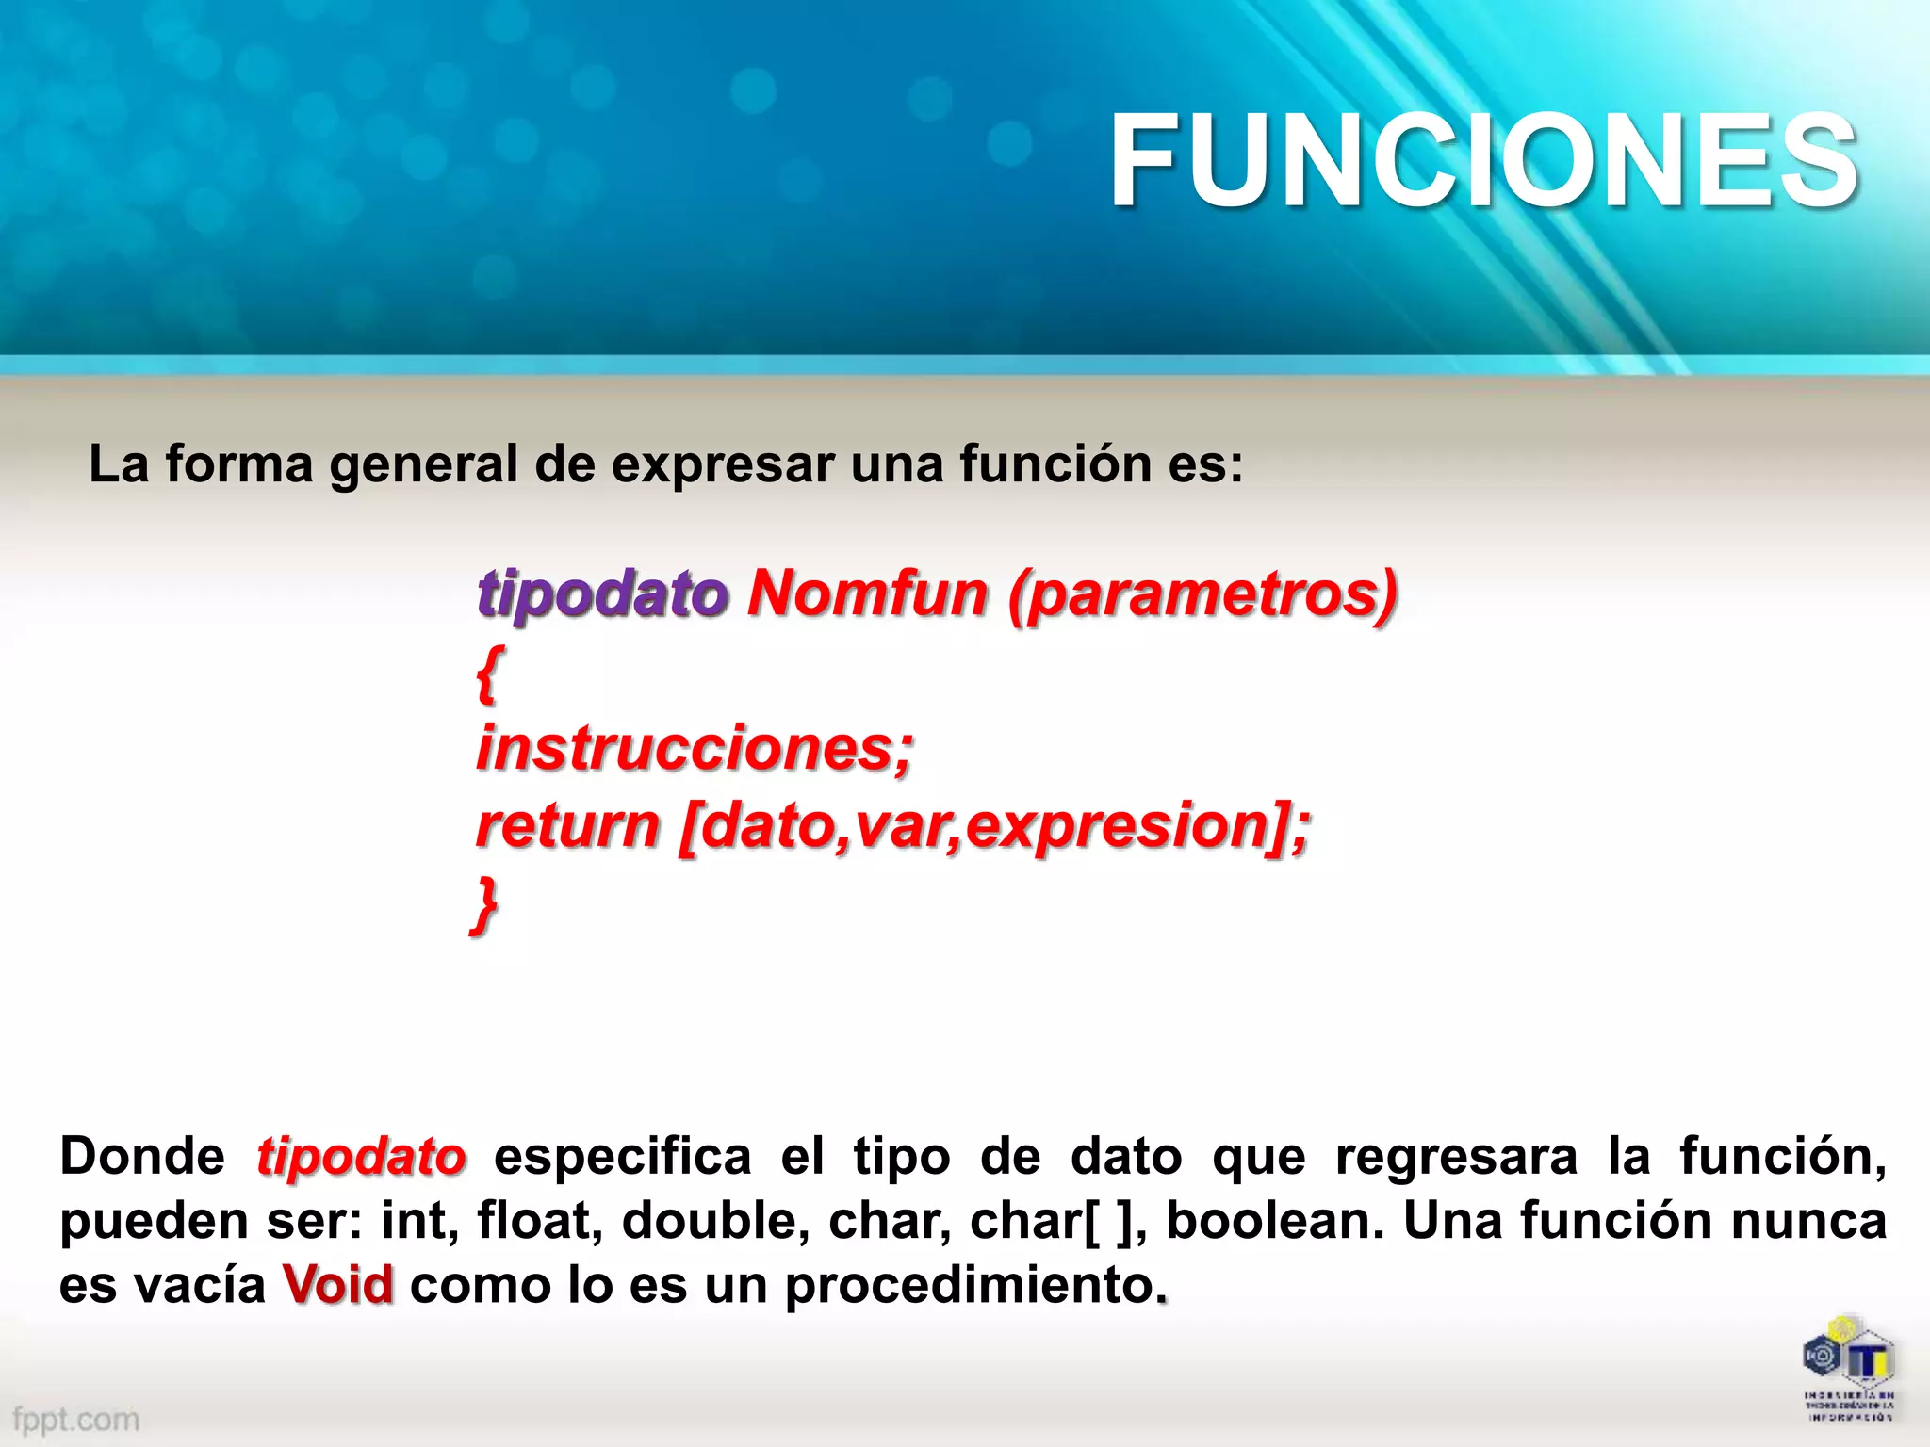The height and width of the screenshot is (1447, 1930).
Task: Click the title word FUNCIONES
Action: pyautogui.click(x=1483, y=160)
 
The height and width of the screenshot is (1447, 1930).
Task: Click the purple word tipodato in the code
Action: pyautogui.click(x=602, y=594)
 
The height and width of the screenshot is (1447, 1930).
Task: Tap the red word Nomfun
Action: pyautogui.click(x=867, y=594)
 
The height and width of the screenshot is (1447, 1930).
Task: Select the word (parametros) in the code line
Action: pyautogui.click(x=1202, y=594)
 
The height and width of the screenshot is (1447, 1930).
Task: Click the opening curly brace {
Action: pyautogui.click(x=488, y=673)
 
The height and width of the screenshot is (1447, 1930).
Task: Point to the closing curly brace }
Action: pyautogui.click(x=485, y=904)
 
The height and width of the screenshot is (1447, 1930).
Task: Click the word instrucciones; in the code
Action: pyautogui.click(x=695, y=748)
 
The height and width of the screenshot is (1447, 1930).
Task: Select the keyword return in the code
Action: pyautogui.click(x=567, y=825)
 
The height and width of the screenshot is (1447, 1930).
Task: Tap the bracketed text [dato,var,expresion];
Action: pyautogui.click(x=994, y=825)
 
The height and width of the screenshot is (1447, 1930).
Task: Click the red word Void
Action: pyautogui.click(x=337, y=1284)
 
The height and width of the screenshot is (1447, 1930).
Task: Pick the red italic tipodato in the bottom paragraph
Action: pyautogui.click(x=361, y=1156)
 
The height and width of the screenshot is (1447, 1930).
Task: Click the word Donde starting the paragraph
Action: pyautogui.click(x=141, y=1156)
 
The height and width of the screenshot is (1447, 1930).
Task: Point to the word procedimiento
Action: pyautogui.click(x=971, y=1286)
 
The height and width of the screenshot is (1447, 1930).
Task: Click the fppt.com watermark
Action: pyautogui.click(x=75, y=1419)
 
